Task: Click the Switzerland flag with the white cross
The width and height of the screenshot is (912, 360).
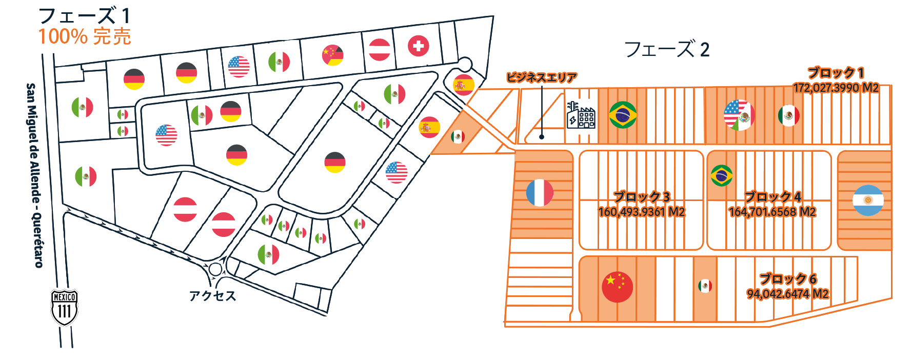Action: click(x=419, y=46)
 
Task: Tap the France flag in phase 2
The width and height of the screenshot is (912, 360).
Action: click(x=540, y=193)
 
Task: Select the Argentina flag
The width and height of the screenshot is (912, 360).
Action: click(x=868, y=201)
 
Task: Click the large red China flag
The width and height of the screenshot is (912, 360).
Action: click(x=617, y=287)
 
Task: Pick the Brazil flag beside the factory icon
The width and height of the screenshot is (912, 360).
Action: click(x=623, y=114)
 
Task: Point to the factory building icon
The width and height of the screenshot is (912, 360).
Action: click(x=581, y=115)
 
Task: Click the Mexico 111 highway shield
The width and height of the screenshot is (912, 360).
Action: click(x=64, y=308)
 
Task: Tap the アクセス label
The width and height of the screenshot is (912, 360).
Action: click(x=212, y=296)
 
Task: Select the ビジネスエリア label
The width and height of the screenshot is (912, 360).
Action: click(x=542, y=77)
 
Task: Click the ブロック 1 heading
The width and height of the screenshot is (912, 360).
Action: click(x=836, y=73)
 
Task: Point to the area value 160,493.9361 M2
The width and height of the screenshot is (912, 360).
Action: click(x=641, y=212)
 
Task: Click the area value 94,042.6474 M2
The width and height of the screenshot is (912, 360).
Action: click(x=787, y=294)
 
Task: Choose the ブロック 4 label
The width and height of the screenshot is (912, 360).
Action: click(x=772, y=197)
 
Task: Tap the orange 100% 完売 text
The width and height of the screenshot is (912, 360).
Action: click(x=85, y=36)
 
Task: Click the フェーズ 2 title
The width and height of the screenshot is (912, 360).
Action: click(x=667, y=49)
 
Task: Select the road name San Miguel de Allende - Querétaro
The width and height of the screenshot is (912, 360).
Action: click(x=34, y=175)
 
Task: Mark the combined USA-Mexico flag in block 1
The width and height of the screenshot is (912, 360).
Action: click(x=739, y=115)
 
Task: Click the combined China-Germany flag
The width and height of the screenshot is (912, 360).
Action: click(x=332, y=55)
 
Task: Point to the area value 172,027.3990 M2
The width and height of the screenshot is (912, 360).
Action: click(x=836, y=88)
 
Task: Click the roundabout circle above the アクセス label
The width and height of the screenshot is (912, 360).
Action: click(x=215, y=269)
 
